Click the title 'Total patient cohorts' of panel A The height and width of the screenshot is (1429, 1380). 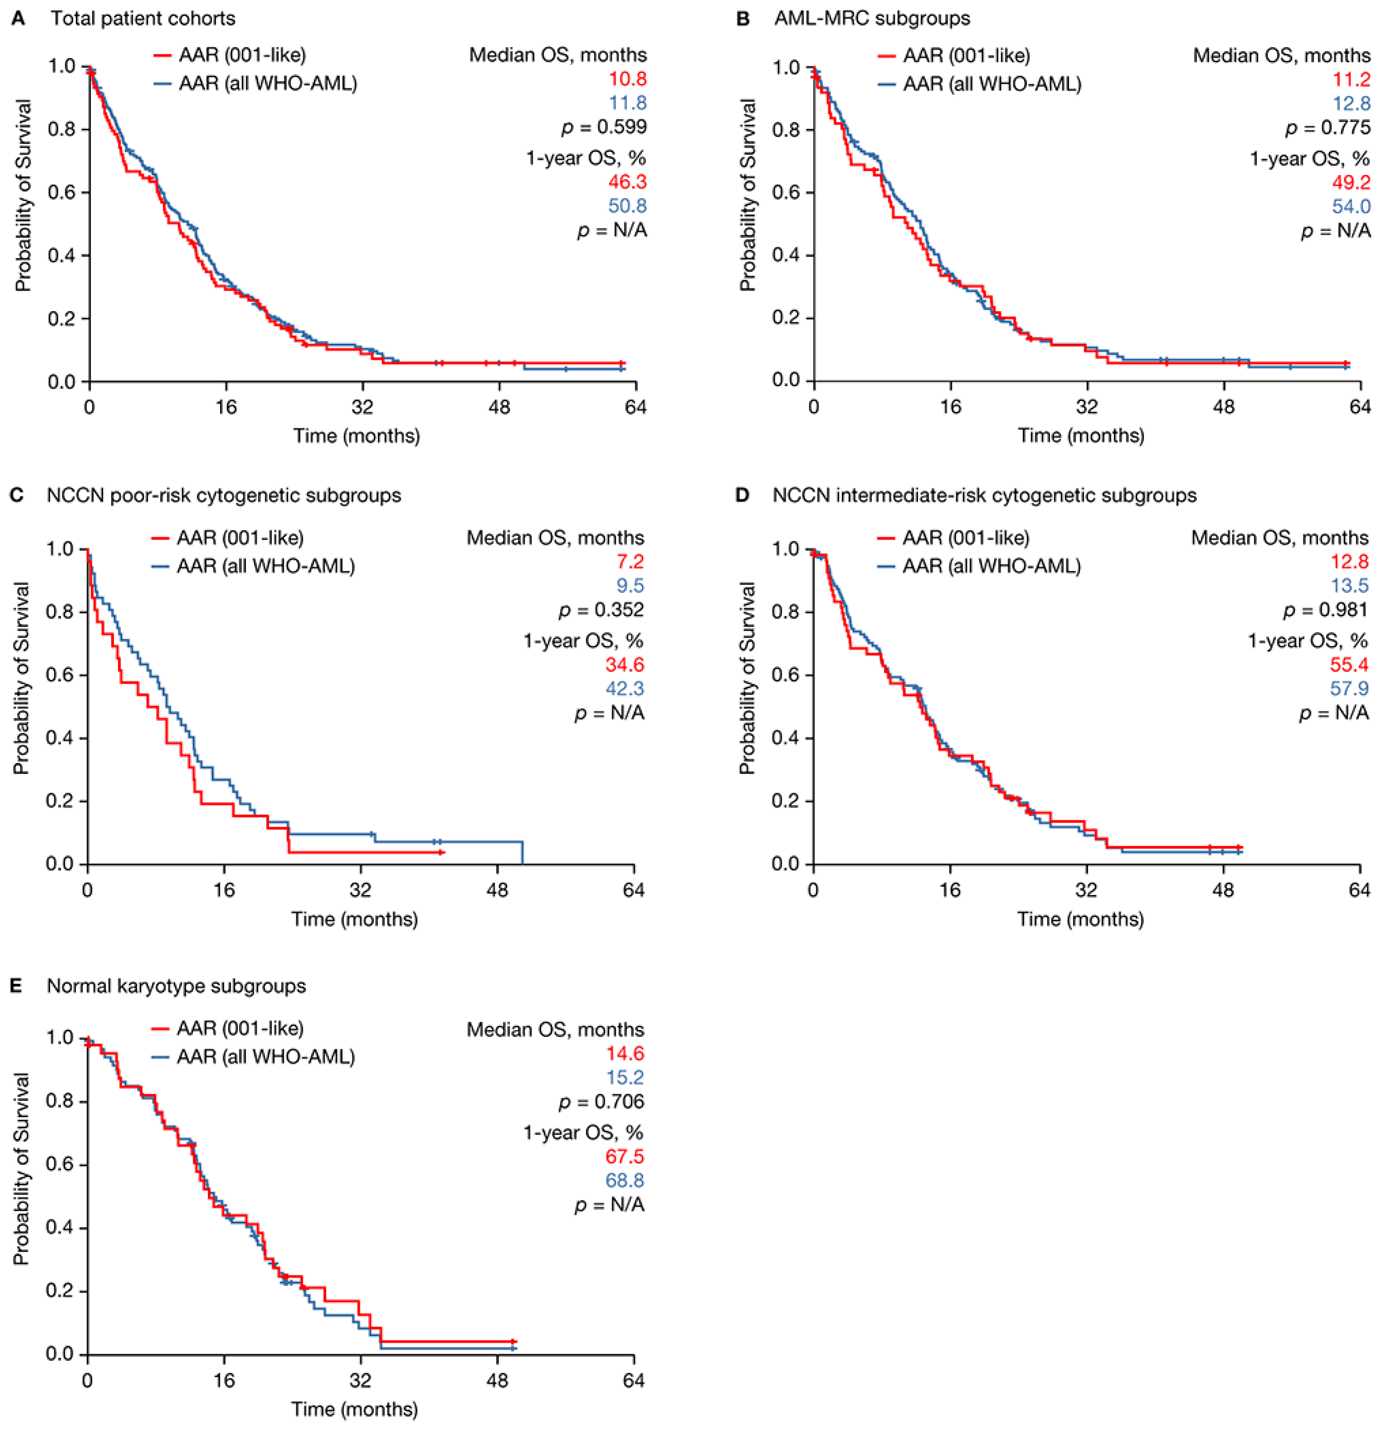tap(143, 18)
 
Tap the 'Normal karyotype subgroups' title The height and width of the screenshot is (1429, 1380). tap(177, 986)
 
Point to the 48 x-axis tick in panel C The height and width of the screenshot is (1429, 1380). tap(498, 890)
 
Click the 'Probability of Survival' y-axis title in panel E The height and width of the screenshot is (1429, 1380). tap(22, 1169)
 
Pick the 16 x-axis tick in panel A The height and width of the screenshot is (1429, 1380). tap(226, 406)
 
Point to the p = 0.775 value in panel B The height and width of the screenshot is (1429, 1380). tap(1328, 128)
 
